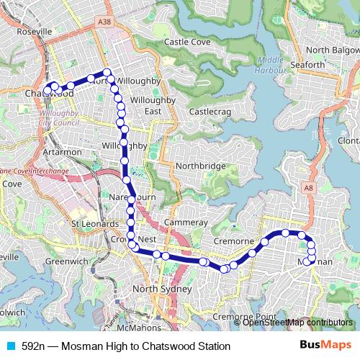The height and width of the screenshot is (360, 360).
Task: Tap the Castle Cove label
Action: tap(187, 42)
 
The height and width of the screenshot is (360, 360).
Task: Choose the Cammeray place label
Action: tap(186, 223)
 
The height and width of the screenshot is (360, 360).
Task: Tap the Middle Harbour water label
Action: tap(270, 64)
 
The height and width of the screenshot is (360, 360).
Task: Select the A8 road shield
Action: tap(308, 188)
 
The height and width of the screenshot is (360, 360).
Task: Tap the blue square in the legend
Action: tap(10, 346)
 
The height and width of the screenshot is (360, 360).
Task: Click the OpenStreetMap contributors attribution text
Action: tap(297, 323)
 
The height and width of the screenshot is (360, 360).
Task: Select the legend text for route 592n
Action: tap(126, 346)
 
